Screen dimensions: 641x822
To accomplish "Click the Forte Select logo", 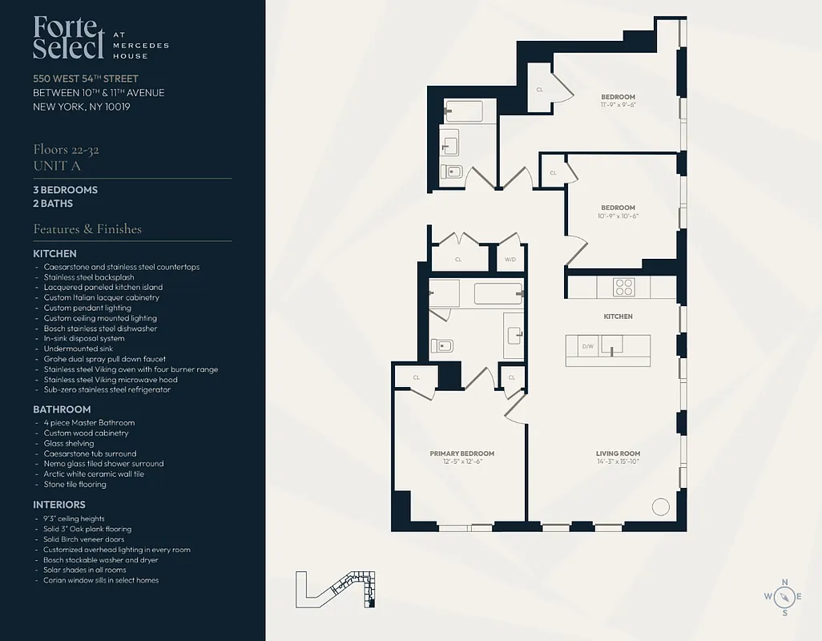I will coord(68,38).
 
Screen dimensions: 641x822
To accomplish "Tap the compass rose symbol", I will coord(784,596).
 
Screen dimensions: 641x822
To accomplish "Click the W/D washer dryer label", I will coord(510,260).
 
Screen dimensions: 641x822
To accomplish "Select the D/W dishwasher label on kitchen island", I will coord(587,346).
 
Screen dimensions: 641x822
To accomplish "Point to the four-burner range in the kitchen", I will coord(624,287).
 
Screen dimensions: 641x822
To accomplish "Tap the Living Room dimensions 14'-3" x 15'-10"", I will coord(618,462).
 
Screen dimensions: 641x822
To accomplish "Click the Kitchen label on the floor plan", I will coord(618,316).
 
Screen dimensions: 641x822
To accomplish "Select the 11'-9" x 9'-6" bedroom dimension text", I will coord(618,105).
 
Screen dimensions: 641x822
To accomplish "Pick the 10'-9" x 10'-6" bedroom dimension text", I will coord(618,216).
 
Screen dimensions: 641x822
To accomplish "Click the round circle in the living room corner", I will coord(660,506).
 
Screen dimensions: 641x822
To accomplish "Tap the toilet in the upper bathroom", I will coord(452,171).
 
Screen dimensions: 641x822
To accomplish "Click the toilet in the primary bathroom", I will coord(441,345).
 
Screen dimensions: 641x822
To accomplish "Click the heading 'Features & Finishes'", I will coord(87,229).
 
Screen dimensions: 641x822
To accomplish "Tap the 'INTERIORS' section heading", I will coord(59,505).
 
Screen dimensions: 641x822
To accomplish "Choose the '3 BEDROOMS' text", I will coord(66,190).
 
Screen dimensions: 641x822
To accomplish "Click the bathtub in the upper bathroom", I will coord(464,111).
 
